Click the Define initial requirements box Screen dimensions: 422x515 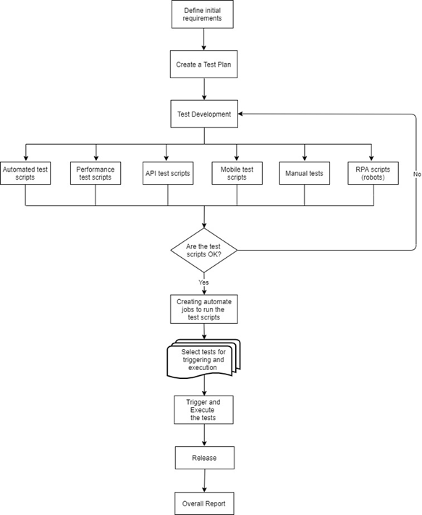(x=203, y=14)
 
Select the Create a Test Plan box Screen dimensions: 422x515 (x=203, y=64)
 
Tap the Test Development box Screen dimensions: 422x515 (x=204, y=114)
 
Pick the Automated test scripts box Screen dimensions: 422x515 (x=25, y=173)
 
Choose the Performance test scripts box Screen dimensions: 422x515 (x=96, y=173)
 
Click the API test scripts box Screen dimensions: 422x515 (x=168, y=173)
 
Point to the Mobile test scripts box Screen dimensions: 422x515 (x=237, y=173)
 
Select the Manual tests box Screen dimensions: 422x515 (x=305, y=173)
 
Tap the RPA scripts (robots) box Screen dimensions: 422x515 (x=373, y=173)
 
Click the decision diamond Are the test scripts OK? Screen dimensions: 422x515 (x=204, y=251)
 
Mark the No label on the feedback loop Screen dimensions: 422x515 (x=417, y=174)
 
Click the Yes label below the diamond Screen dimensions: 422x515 (x=203, y=282)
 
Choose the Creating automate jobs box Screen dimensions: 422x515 (x=204, y=309)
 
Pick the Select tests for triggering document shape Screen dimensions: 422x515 (x=203, y=359)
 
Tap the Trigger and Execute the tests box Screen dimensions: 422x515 (x=203, y=409)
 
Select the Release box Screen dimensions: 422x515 (x=204, y=458)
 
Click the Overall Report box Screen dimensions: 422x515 (x=204, y=503)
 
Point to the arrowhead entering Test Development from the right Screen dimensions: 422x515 (x=240, y=114)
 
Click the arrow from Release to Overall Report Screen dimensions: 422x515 (x=204, y=480)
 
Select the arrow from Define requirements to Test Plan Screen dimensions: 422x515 (x=204, y=39)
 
